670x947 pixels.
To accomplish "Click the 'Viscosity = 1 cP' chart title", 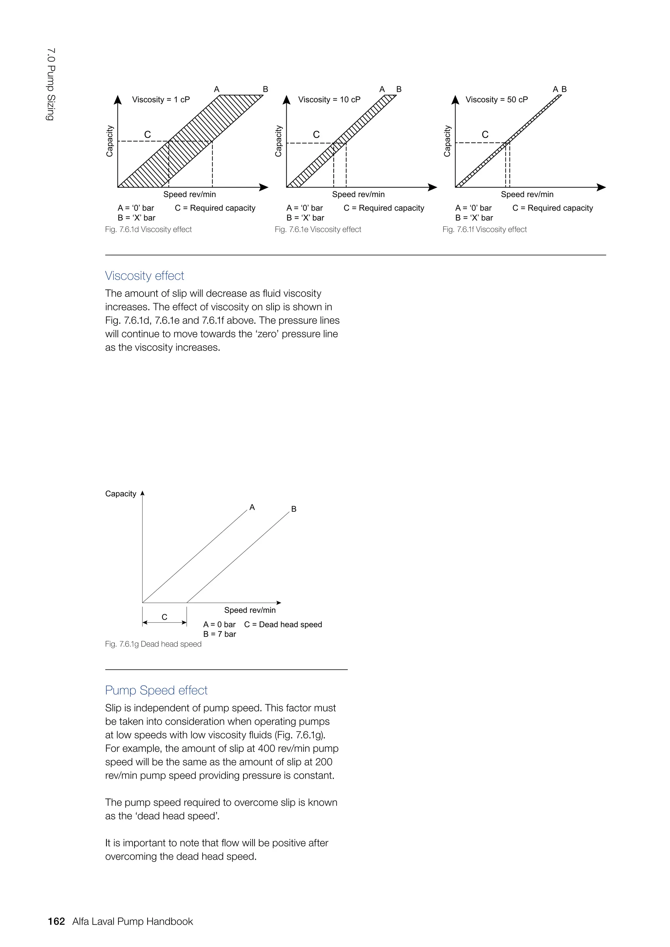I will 161,99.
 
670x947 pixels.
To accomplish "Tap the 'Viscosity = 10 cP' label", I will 329,99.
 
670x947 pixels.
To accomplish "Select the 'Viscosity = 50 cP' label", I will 497,99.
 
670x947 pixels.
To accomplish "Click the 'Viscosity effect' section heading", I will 144,276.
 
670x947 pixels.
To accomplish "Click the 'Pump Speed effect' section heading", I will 156,690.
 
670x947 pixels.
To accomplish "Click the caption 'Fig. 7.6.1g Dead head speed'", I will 153,644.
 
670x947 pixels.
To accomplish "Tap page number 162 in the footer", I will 57,921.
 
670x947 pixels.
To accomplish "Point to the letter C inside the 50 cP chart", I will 485,134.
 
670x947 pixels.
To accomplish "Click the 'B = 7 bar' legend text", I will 220,634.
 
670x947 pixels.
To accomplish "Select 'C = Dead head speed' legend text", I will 283,625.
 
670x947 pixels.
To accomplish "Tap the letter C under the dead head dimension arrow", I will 164,617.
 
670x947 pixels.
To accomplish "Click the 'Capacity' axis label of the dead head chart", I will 120,494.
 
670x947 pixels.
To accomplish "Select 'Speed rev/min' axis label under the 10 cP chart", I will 358,194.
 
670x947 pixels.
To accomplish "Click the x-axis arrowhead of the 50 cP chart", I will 602,187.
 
